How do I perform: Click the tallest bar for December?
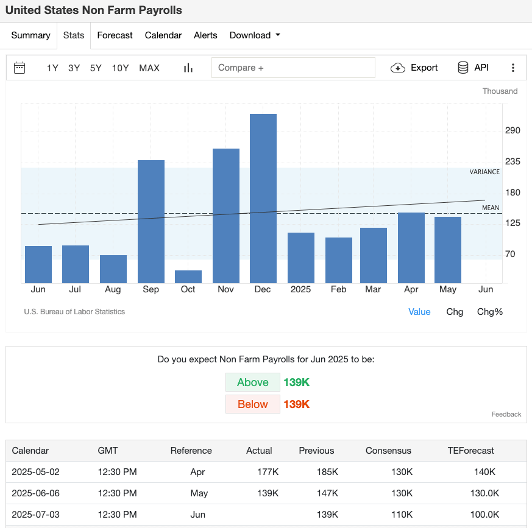coord(263,198)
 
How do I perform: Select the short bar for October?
coord(188,276)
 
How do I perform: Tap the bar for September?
coord(151,221)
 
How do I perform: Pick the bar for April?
coord(411,247)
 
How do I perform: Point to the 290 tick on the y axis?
coord(512,131)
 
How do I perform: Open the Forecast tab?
coord(115,35)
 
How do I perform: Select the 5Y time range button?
coord(96,68)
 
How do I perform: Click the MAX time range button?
coord(149,68)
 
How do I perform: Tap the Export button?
coord(414,68)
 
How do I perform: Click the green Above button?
coord(252,382)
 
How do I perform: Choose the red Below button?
coord(252,404)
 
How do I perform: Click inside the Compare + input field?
coord(293,68)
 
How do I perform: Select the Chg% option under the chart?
coord(489,312)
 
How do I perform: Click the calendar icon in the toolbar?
coord(20,68)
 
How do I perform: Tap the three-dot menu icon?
coord(513,68)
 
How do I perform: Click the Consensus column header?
coord(388,451)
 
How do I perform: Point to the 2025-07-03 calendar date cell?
coord(35,515)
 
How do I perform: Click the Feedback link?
coord(506,414)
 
